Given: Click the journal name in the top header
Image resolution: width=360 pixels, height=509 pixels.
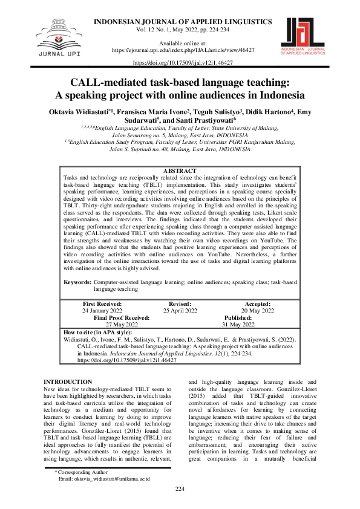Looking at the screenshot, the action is pyautogui.click(x=181, y=21).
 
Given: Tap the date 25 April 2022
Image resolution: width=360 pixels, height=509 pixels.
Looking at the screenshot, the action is pyautogui.click(x=180, y=311).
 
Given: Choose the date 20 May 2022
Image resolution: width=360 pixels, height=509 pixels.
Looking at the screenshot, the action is pyautogui.click(x=258, y=311).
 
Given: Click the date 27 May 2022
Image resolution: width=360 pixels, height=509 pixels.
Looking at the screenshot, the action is pyautogui.click(x=122, y=324).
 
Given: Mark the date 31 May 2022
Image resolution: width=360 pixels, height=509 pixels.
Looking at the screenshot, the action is pyautogui.click(x=238, y=324).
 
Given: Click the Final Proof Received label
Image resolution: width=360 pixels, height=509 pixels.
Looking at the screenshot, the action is pyautogui.click(x=122, y=317).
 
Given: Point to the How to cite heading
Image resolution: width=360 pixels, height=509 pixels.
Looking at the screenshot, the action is pyautogui.click(x=97, y=332).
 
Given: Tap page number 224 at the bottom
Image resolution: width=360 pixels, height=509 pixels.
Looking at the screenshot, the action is pyautogui.click(x=180, y=505).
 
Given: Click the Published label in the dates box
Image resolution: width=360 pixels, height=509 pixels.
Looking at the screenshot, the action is pyautogui.click(x=238, y=317).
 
